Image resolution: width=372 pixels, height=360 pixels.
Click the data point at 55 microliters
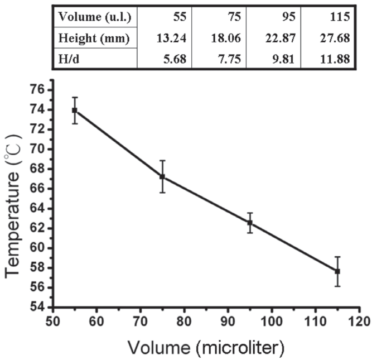point(75,110)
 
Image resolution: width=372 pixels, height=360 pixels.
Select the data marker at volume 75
point(162,176)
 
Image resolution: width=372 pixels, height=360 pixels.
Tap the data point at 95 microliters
point(250,223)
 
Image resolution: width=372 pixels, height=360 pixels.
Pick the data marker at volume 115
point(337,271)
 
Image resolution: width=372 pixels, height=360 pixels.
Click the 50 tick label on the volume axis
point(53,323)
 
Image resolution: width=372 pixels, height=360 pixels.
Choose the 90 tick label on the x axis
point(228,323)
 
